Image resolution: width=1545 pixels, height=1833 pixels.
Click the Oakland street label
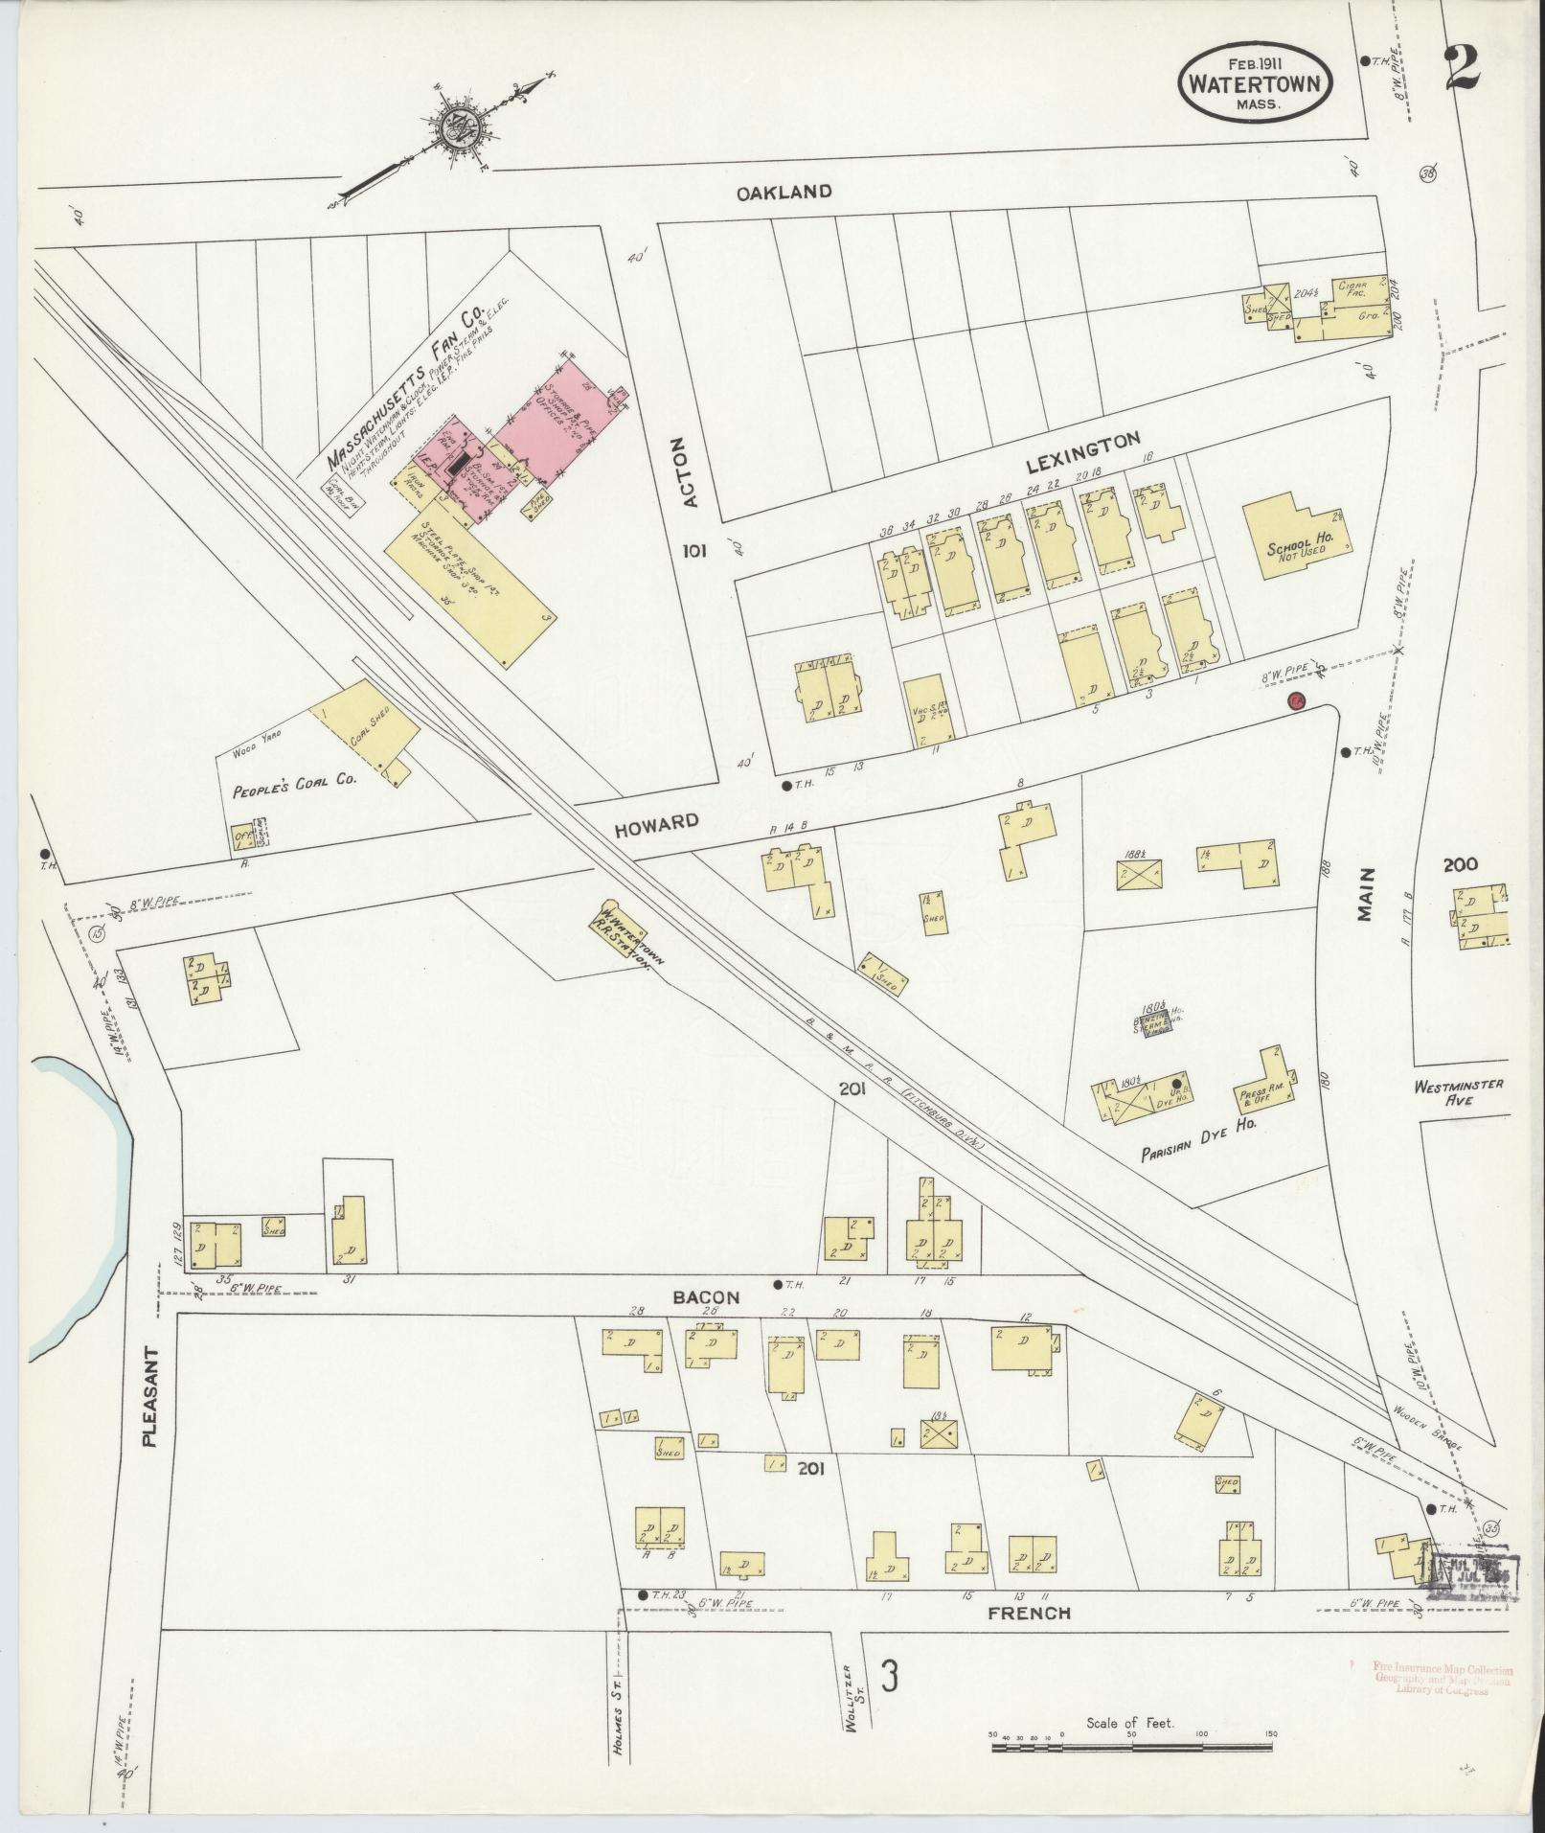pos(784,192)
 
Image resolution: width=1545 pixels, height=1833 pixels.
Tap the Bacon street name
pos(705,1297)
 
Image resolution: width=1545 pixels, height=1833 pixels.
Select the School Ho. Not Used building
pos(1297,541)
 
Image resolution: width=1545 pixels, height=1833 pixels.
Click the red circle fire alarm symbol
pos(1297,701)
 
